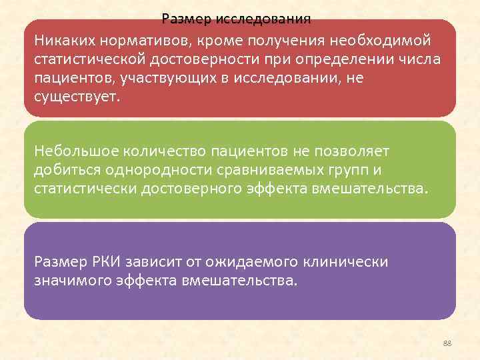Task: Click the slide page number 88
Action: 447,343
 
